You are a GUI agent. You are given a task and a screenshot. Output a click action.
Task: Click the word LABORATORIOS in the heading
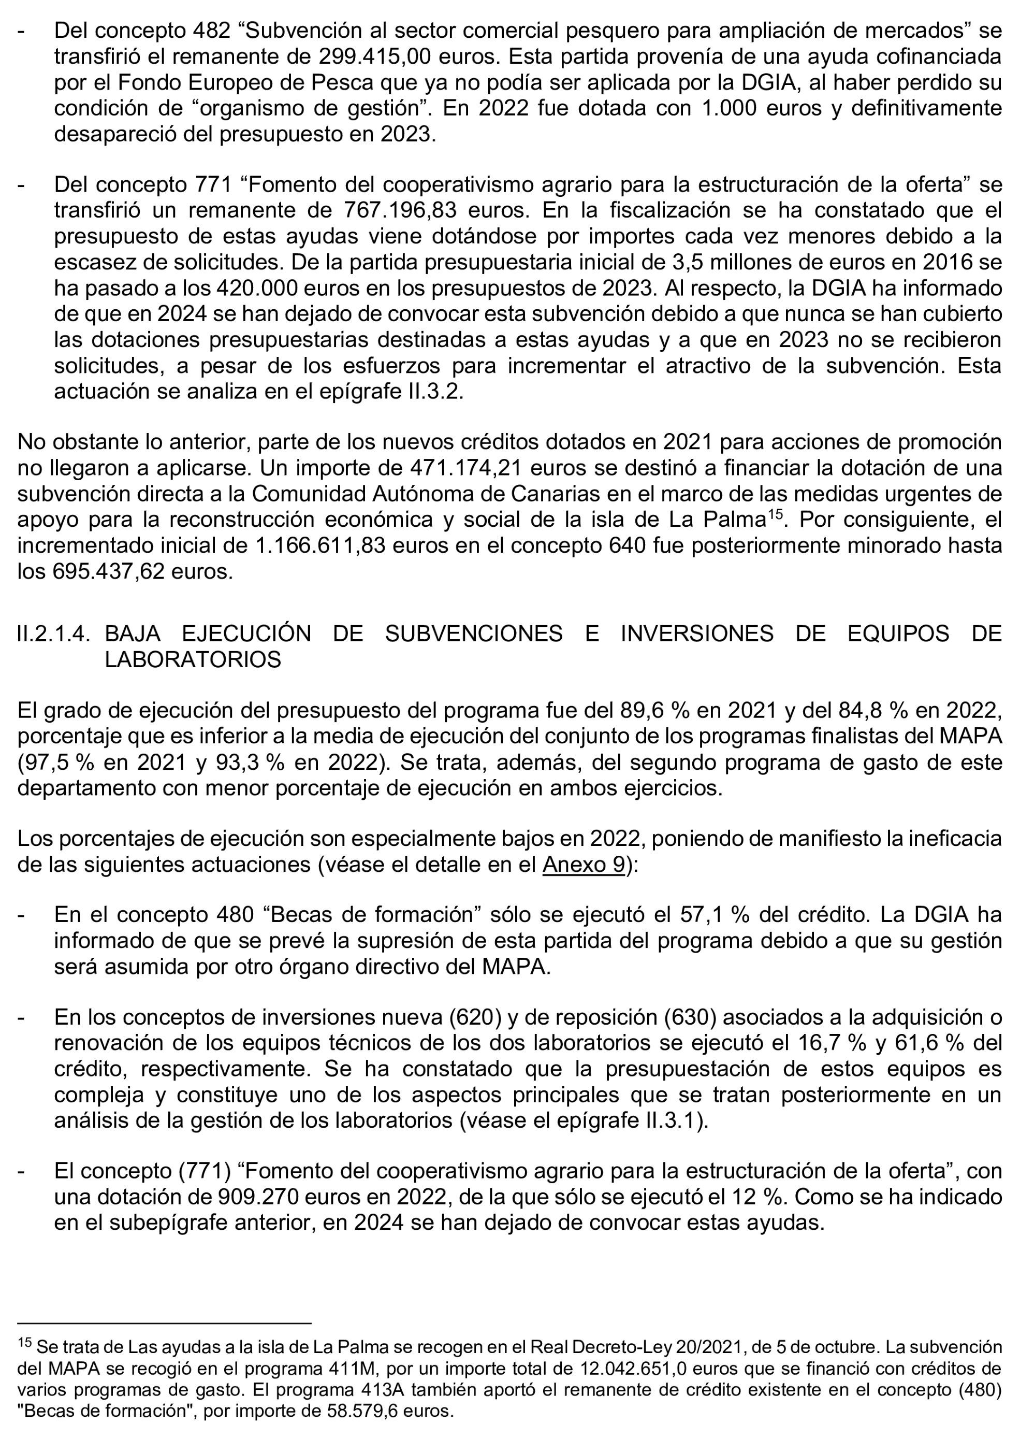[193, 659]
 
